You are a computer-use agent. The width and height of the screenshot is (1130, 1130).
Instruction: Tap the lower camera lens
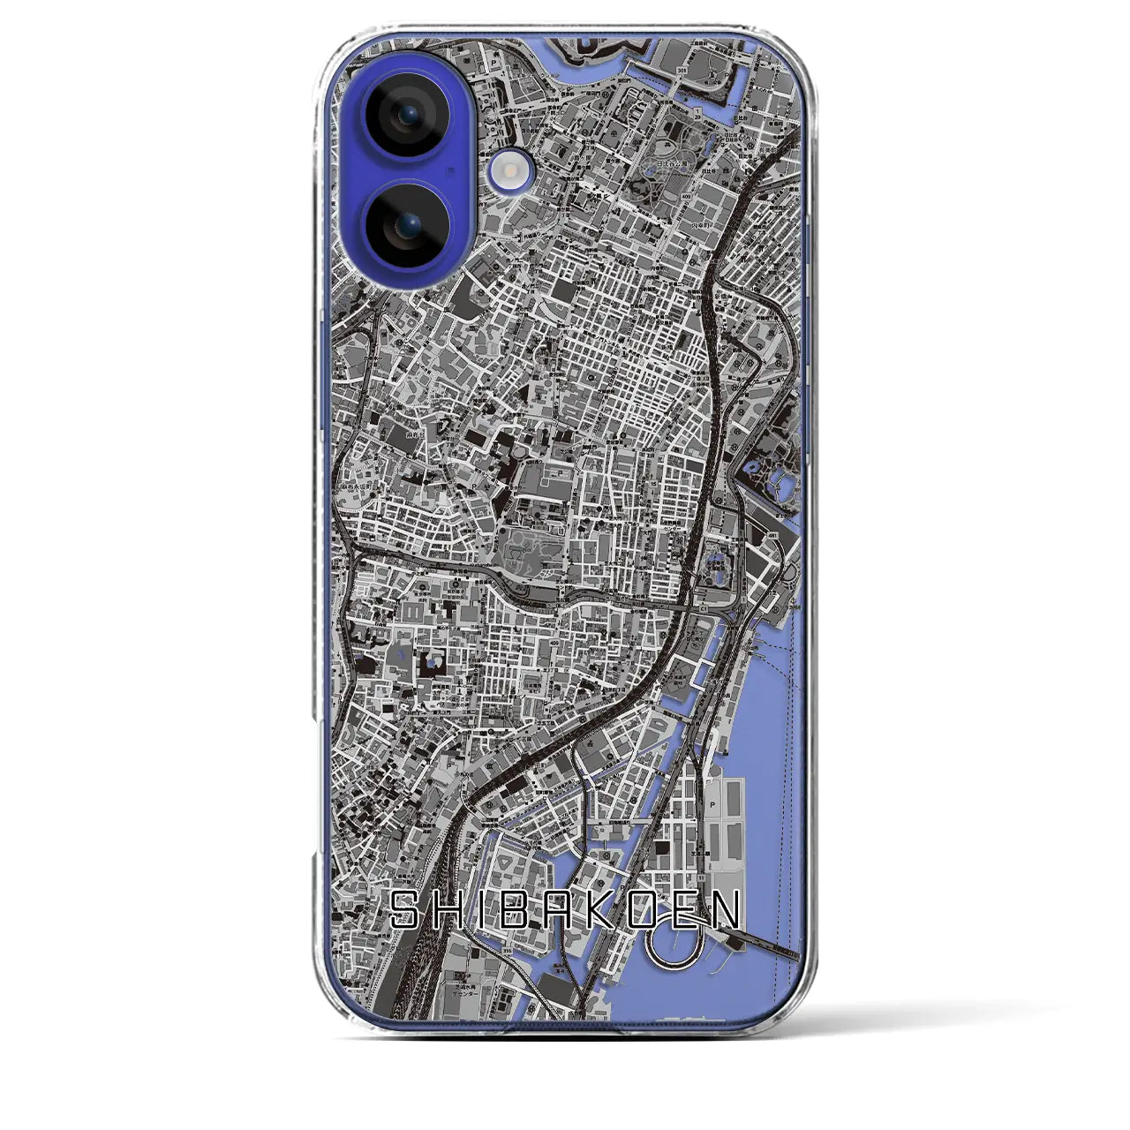pyautogui.click(x=403, y=225)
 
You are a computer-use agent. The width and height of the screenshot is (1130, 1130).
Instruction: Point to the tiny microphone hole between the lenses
pyautogui.click(x=452, y=169)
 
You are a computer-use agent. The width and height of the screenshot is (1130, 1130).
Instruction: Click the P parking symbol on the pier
pyautogui.click(x=712, y=806)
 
